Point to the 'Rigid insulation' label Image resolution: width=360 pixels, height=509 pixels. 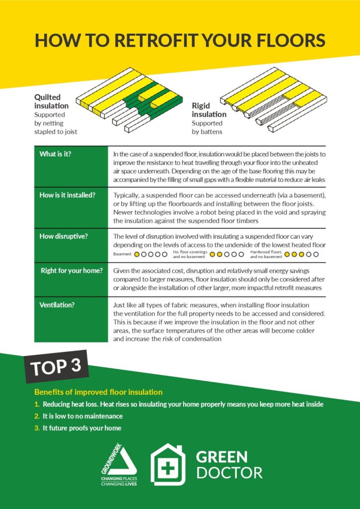[209, 110]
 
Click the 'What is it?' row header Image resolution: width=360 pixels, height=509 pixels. [55, 154]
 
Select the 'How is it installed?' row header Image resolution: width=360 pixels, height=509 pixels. [67, 195]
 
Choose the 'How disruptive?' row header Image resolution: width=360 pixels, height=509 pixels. [64, 236]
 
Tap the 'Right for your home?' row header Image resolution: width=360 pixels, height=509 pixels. [72, 271]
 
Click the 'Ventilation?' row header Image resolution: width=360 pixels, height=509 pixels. [57, 305]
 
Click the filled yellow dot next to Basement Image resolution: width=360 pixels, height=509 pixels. [137, 254]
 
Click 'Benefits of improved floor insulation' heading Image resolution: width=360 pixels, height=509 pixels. [98, 392]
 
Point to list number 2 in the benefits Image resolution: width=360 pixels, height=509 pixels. [37, 416]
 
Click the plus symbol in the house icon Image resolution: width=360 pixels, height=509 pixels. [168, 468]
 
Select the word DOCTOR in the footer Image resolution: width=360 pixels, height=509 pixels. [229, 472]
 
